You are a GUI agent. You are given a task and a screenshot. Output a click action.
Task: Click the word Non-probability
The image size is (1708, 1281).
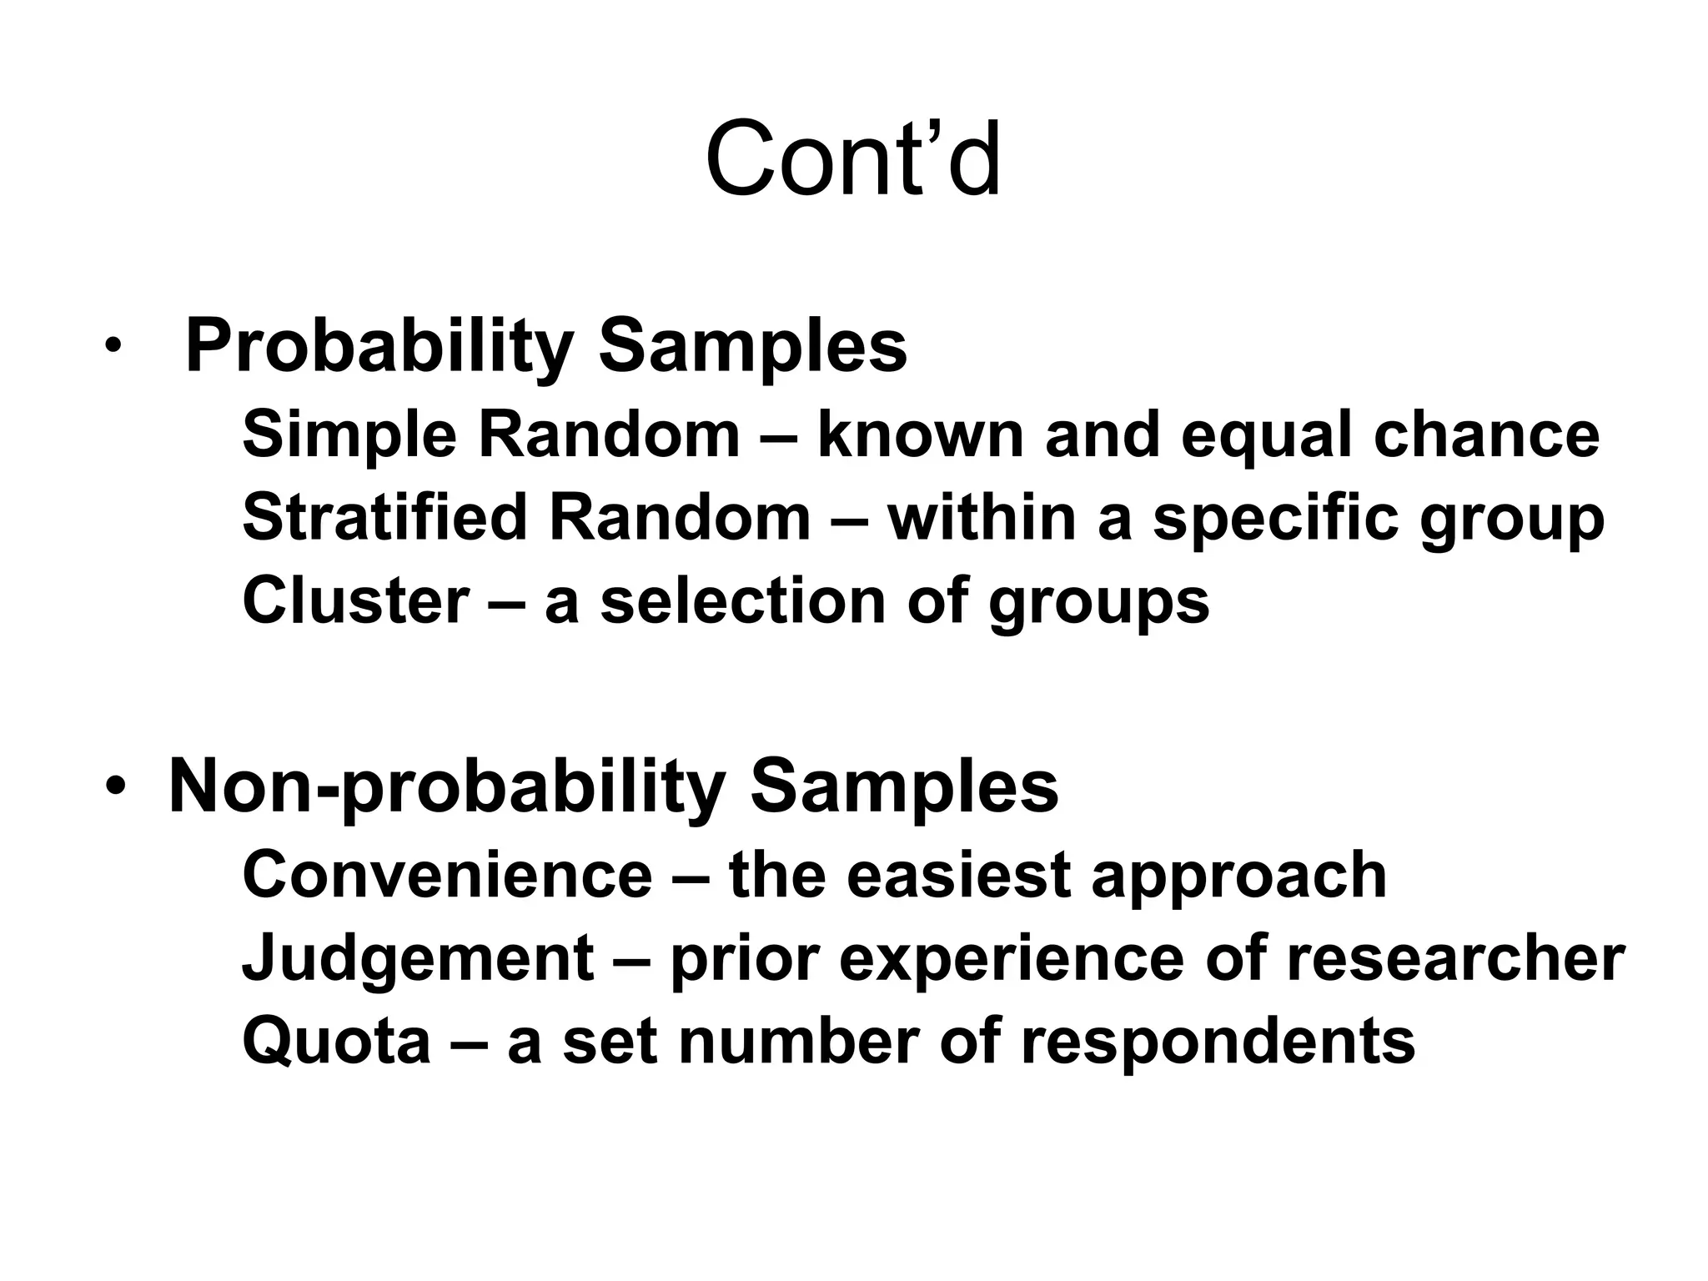pos(447,787)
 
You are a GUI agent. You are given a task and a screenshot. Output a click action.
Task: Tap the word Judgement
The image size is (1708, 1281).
pos(418,958)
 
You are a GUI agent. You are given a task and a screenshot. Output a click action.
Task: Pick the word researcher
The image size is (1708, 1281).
pos(1455,958)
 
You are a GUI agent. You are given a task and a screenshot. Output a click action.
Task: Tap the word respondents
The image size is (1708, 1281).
pos(1218,1042)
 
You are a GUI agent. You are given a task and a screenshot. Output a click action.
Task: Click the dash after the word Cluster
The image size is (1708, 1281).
pos(507,602)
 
